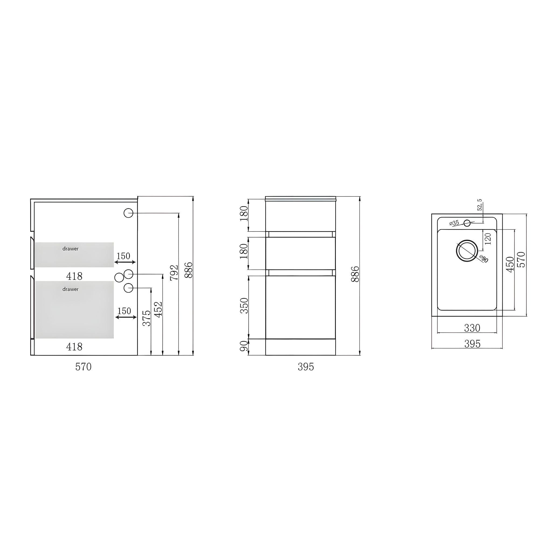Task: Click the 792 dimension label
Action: pos(174,272)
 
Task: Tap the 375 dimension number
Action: pos(146,318)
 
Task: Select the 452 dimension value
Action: pos(158,309)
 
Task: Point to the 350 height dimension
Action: pos(244,305)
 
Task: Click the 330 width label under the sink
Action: pos(472,328)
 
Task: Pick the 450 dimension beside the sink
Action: pos(510,264)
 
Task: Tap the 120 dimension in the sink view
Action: pos(488,239)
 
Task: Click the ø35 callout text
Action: pos(454,223)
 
